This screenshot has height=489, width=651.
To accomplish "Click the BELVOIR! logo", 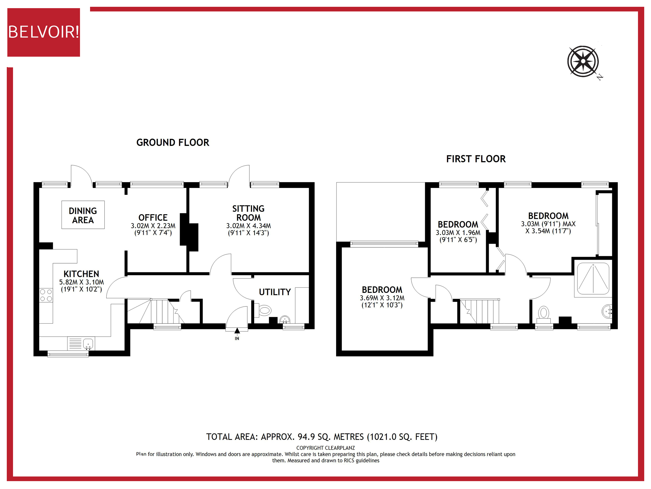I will point(44,32).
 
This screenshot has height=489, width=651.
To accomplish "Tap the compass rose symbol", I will point(583,61).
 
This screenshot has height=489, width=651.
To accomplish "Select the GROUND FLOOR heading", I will point(173,143).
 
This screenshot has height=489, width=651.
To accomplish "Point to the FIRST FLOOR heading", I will point(476,159).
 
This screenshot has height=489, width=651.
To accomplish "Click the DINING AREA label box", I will point(83,215).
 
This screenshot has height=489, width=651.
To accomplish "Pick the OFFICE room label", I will point(153,218).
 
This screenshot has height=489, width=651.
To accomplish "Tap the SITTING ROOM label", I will point(248,213).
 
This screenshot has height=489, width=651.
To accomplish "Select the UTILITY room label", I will point(275,292).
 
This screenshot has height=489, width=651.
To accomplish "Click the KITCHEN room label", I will point(81,274).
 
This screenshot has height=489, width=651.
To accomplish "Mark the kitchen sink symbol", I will point(88,344).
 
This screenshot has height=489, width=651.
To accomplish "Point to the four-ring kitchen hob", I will point(46,295).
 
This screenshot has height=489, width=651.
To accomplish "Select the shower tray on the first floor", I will point(593,278).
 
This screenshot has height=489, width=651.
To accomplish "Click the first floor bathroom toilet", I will point(544,313).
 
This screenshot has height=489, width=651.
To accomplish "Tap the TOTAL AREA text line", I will point(322,437).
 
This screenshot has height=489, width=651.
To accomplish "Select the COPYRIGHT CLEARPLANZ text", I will point(325,448).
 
